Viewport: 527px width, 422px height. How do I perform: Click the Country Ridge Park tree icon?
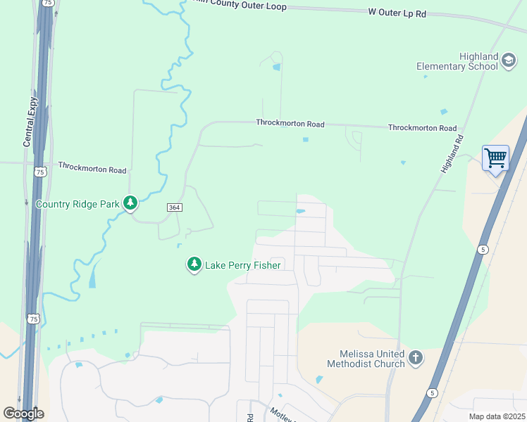click(130, 203)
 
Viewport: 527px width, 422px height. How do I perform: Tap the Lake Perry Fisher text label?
click(243, 265)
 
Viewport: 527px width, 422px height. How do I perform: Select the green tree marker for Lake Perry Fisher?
click(194, 264)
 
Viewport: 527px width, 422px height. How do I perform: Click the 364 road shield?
click(175, 207)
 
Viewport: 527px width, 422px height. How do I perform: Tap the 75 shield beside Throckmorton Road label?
click(40, 172)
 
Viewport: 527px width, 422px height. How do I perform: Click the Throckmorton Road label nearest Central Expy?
click(92, 170)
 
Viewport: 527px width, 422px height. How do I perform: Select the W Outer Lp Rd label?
click(397, 13)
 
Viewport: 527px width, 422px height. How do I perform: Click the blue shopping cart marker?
click(495, 158)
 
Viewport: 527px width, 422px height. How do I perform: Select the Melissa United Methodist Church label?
click(366, 359)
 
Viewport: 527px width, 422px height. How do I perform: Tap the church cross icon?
click(416, 358)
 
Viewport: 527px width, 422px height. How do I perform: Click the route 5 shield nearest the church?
click(431, 392)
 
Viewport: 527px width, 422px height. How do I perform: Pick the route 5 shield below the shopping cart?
click(483, 250)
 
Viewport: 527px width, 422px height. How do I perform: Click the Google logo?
click(23, 413)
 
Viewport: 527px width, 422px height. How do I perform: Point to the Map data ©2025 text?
click(497, 416)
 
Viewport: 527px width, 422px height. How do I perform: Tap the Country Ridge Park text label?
click(78, 204)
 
